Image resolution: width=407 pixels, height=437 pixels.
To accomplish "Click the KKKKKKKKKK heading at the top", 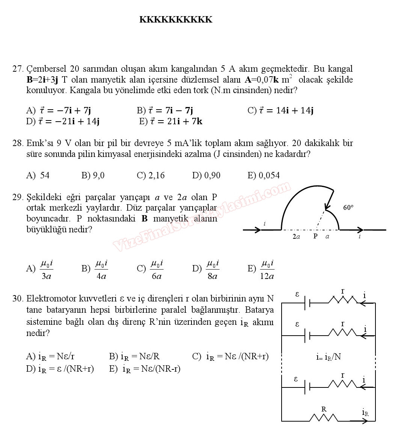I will [176, 20].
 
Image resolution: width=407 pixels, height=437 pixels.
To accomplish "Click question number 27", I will [18, 69].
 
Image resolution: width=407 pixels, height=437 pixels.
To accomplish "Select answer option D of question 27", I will [63, 121].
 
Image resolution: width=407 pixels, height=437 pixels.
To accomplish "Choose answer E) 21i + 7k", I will [171, 121].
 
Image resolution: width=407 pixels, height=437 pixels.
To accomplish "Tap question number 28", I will [18, 143].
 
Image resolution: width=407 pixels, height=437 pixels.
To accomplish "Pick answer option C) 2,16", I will [151, 175].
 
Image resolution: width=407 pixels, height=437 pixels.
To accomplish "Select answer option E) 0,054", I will [264, 175].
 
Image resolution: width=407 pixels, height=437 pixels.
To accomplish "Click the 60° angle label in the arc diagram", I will [348, 207].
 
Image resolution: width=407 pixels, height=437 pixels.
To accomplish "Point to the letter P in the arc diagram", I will [315, 237].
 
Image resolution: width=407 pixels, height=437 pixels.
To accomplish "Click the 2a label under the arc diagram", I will [296, 237].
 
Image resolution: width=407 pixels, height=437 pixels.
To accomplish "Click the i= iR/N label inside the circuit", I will [328, 357].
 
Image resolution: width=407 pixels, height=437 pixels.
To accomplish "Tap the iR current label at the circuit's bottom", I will [365, 412].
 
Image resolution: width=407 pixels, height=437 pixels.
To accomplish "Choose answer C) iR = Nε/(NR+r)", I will [230, 357].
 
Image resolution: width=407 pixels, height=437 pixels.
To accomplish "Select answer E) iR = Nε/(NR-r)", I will [145, 369].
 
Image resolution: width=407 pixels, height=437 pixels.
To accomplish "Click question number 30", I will [18, 299].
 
